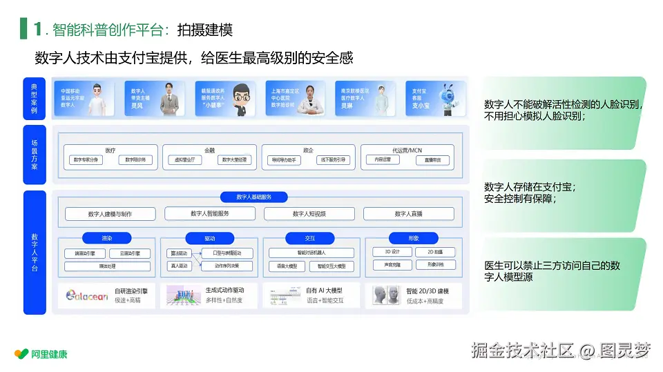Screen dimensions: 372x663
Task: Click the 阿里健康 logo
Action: point(41,354)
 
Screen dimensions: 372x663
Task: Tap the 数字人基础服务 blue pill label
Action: point(253,197)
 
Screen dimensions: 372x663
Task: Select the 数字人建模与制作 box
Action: point(110,214)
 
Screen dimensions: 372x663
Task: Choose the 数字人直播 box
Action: point(408,214)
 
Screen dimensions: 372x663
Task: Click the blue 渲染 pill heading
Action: point(106,238)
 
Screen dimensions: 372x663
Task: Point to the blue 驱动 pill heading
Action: point(209,238)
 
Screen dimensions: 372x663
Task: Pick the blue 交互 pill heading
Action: point(310,238)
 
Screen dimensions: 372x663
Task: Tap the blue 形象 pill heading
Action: point(413,238)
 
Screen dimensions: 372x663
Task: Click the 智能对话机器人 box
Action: point(311,253)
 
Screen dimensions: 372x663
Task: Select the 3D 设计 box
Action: point(392,252)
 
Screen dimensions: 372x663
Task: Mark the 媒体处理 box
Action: point(106,266)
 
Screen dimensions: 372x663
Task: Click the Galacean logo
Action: point(87,295)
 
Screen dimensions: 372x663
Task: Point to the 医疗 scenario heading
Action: point(110,149)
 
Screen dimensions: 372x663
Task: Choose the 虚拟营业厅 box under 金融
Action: point(185,160)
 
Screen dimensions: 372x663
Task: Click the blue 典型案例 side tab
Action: point(34,99)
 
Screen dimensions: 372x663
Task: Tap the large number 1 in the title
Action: point(37,29)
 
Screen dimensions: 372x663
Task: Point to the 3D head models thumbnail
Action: point(387,295)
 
